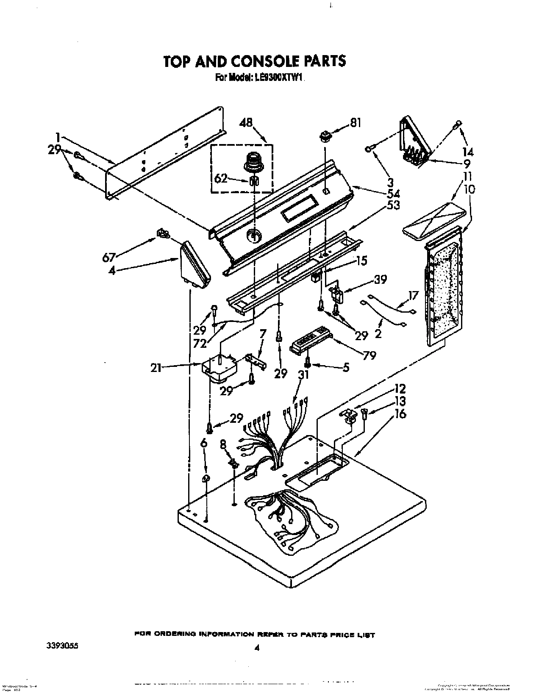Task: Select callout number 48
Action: pos(246,123)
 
